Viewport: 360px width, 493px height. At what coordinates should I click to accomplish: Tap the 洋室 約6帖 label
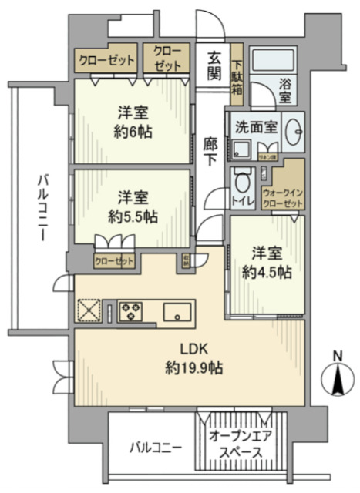132,122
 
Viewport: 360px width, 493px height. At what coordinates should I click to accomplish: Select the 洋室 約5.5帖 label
133,205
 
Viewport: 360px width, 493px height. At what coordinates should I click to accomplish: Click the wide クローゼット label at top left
106,59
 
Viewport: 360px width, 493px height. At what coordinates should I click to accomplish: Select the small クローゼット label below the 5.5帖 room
113,261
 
